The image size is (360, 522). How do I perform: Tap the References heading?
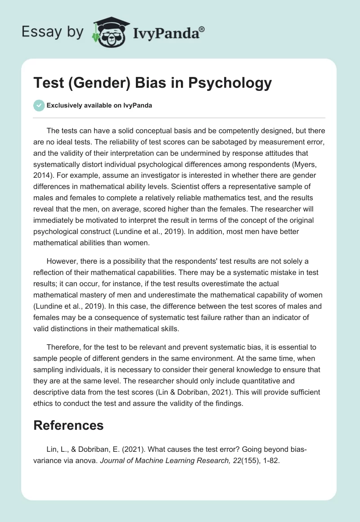[68, 425]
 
